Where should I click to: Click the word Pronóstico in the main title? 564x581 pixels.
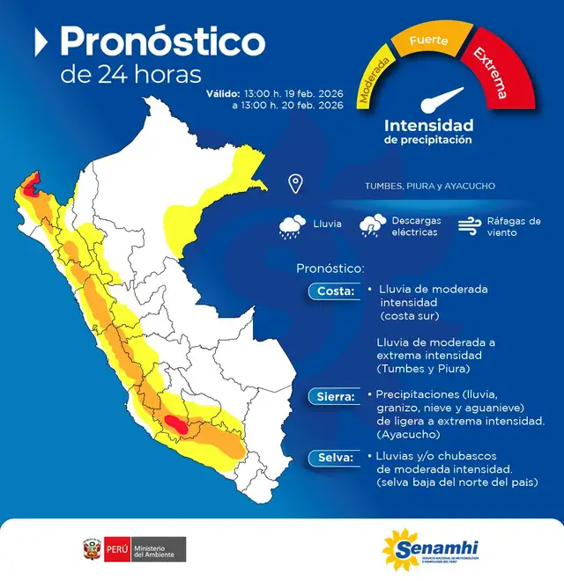162,41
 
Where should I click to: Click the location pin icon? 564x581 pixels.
295,184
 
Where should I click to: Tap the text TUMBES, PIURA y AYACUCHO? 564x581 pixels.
429,186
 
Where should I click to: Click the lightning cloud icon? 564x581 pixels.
373,225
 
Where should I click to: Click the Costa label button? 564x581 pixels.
333,291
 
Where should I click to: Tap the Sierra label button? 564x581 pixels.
334,397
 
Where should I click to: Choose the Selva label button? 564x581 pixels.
333,457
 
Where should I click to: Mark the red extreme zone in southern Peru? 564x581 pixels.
178,425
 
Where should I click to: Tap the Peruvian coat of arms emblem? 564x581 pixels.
90,548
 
